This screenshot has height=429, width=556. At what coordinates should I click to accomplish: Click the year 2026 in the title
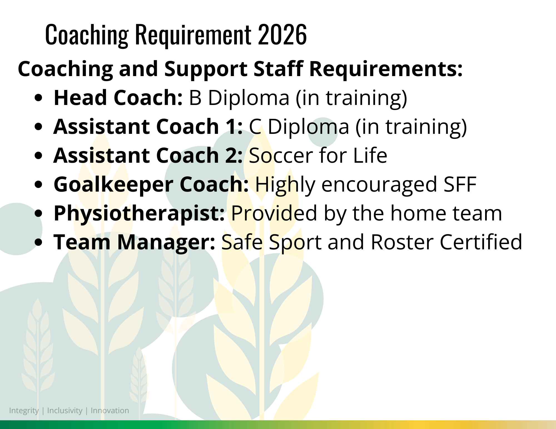click(x=282, y=34)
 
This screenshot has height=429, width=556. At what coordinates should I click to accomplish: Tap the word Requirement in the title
click(x=193, y=36)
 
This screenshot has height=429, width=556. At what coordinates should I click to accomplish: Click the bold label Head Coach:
click(x=118, y=98)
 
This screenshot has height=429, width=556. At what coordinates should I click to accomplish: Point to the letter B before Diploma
click(x=195, y=98)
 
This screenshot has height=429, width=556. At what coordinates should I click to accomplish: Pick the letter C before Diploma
click(x=255, y=127)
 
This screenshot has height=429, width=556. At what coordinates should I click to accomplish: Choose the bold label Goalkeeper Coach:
click(x=151, y=184)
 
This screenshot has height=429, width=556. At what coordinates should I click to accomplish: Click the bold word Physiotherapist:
click(x=139, y=214)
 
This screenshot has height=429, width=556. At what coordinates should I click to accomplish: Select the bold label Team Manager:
click(x=135, y=242)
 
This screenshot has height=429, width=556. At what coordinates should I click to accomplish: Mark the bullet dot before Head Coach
click(x=39, y=98)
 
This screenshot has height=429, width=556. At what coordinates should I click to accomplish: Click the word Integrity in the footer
click(x=24, y=411)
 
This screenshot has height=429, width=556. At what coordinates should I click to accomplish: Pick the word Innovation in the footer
click(x=110, y=410)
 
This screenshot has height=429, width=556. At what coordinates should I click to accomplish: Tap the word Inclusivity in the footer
click(x=65, y=411)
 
